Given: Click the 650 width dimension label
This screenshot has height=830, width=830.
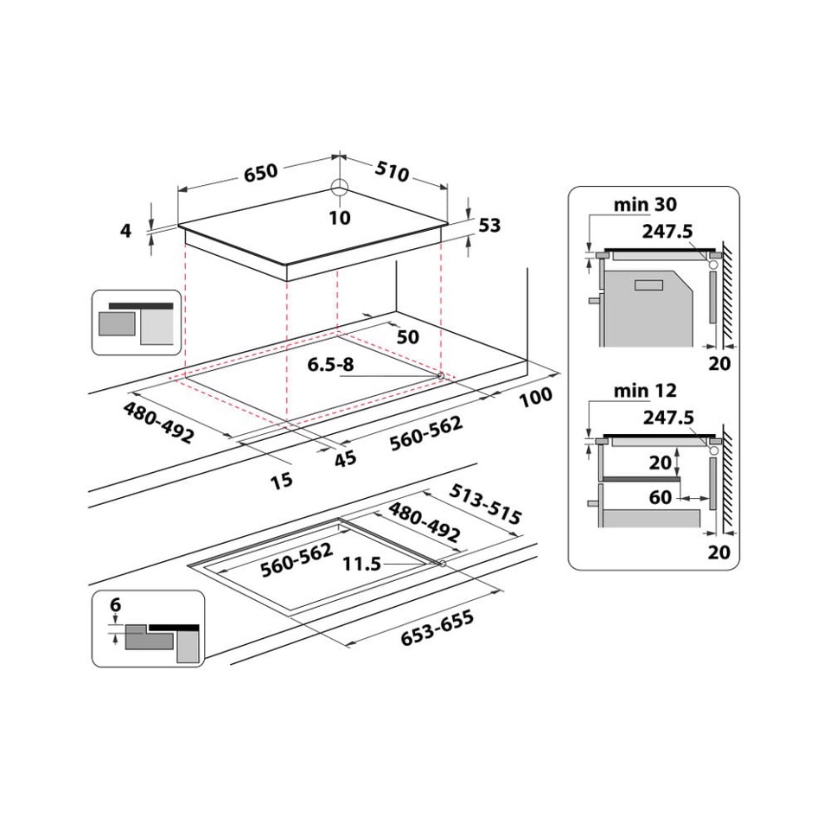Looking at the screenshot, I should pyautogui.click(x=260, y=172).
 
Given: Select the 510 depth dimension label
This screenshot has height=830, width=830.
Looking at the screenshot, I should pyautogui.click(x=392, y=172).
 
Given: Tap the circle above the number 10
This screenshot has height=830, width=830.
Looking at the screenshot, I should pyautogui.click(x=339, y=188).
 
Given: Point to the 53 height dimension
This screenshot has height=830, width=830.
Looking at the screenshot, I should pyautogui.click(x=489, y=226).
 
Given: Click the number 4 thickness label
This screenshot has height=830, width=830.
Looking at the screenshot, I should pyautogui.click(x=126, y=231).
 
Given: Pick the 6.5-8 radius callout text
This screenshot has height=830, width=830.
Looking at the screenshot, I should pyautogui.click(x=331, y=364).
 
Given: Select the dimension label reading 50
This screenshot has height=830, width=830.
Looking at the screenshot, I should pyautogui.click(x=407, y=335).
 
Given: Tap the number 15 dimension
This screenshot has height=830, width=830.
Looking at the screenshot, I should pyautogui.click(x=282, y=479).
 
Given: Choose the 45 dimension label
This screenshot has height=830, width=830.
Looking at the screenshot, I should pyautogui.click(x=345, y=458).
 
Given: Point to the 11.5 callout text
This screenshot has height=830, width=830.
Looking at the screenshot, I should pyautogui.click(x=361, y=564).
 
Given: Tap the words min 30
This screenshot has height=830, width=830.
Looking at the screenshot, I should pyautogui.click(x=645, y=205).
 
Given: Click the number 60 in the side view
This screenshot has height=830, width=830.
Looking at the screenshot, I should pyautogui.click(x=661, y=497).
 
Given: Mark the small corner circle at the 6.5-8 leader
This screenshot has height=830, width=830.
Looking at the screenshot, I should pyautogui.click(x=442, y=376).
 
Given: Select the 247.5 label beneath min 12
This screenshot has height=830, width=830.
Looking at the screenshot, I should pyautogui.click(x=669, y=418).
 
